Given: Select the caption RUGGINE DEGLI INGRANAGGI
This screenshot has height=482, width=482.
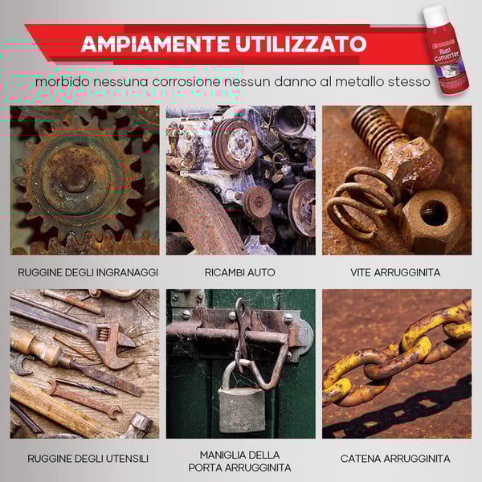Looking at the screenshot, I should coord(84,272).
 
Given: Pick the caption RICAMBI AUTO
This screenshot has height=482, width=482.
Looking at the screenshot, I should coord(240,272).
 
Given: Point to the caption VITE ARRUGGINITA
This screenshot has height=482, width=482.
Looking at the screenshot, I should coord(395,272).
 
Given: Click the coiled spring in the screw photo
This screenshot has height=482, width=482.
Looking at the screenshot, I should coord(357,201).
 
